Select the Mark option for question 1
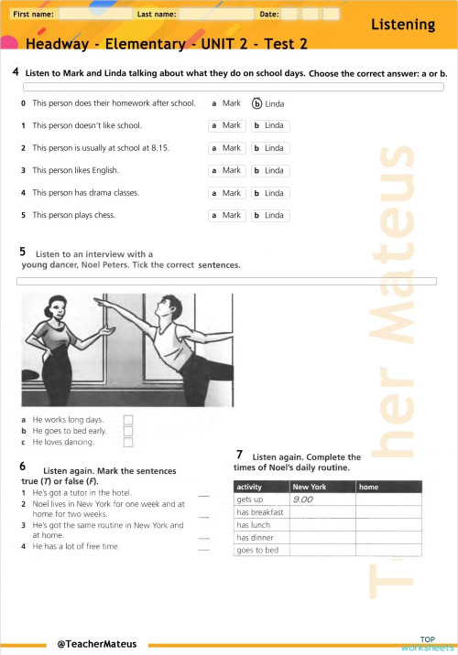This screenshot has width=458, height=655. coord(226,125)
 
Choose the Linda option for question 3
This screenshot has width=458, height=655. coord(271,170)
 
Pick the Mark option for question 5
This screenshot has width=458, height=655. coord(226,215)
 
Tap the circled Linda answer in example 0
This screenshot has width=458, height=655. coord(268,103)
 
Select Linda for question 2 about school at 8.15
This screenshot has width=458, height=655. coord(271,147)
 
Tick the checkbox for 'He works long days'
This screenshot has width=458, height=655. coord(128,420)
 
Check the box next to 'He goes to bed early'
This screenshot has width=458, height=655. coord(128,431)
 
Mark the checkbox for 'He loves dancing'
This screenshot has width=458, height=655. coord(128,442)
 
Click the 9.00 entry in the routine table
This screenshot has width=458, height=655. coord(303,499)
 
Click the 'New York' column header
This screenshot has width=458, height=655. coord(310,487)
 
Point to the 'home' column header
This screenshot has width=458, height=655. coord(369,487)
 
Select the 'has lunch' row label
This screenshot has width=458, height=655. coord(253,525)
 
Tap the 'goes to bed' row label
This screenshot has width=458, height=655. coord(257,550)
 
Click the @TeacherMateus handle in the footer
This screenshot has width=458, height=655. coord(96,644)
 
